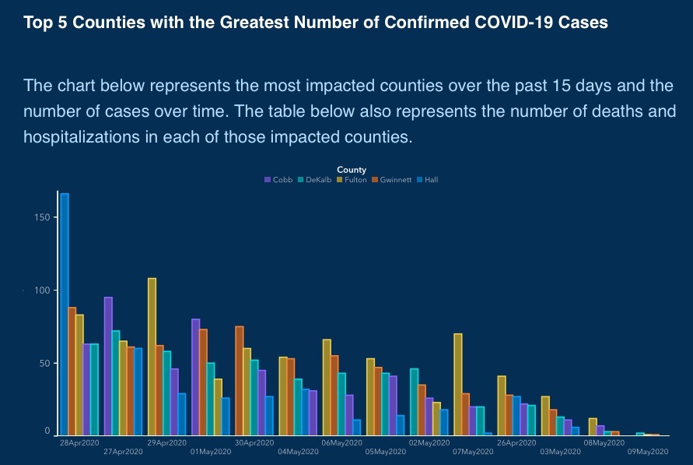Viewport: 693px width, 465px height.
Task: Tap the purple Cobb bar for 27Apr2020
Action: [x=108, y=366]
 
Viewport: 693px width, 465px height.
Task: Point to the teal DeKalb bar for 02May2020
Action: [x=415, y=401]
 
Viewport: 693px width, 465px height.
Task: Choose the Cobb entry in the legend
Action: [x=279, y=180]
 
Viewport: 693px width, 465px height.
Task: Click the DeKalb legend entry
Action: [x=314, y=180]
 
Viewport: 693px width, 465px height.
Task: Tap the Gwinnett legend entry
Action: [x=391, y=180]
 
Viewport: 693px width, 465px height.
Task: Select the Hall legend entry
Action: [x=427, y=180]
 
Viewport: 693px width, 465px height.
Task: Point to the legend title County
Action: [x=352, y=170]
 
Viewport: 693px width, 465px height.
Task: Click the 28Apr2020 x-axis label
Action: [x=79, y=442]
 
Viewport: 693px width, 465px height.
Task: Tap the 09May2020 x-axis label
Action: [x=649, y=451]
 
